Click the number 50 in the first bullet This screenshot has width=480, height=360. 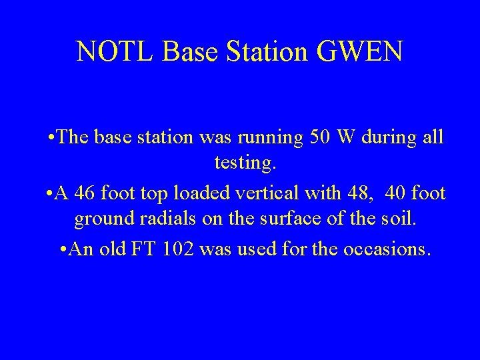click(x=323, y=137)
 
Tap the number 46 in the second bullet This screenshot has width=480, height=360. click(x=85, y=193)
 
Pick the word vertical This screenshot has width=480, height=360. click(x=269, y=193)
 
